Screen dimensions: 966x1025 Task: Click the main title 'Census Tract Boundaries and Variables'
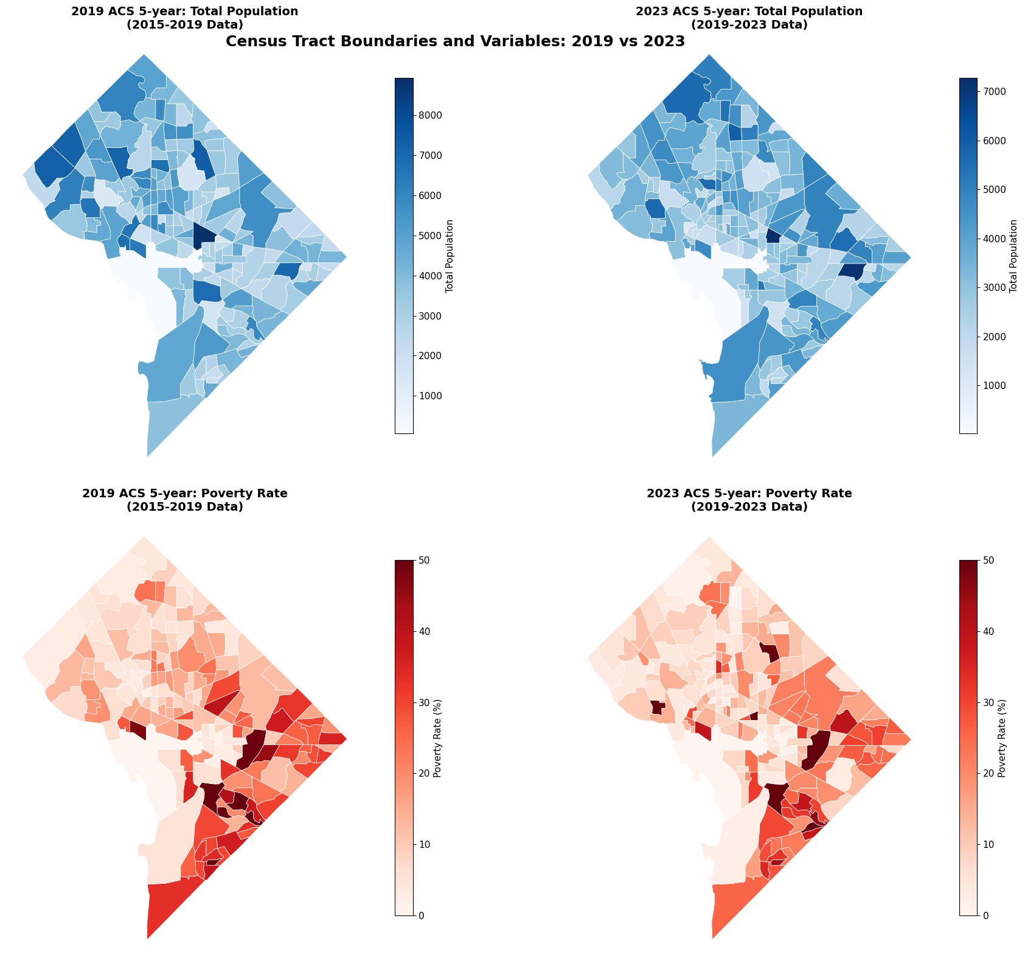(455, 41)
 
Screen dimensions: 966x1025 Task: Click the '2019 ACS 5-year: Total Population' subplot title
(184, 11)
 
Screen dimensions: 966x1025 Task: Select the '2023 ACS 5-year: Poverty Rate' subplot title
(749, 494)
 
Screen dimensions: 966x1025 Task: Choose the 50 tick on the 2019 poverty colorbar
(424, 560)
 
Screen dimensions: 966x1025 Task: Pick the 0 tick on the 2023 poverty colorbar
(986, 915)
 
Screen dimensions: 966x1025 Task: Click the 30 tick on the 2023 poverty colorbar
(989, 702)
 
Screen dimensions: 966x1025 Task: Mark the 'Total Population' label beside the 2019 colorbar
(450, 256)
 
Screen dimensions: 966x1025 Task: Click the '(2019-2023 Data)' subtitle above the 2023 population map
(749, 25)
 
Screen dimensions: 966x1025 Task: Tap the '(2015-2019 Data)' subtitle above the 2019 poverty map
(184, 507)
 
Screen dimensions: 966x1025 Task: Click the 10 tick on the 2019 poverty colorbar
(424, 844)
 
